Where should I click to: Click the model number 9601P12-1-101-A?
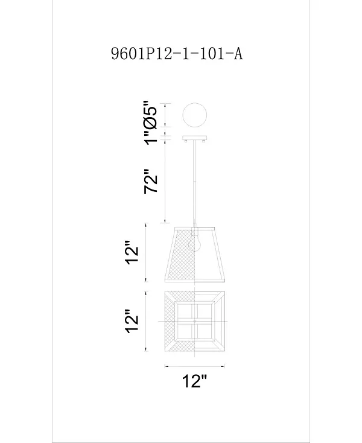point(177,53)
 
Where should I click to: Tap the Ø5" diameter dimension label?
point(150,115)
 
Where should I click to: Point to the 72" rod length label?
point(150,181)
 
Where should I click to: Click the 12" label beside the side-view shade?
point(132,252)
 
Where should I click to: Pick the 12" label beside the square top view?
point(132,321)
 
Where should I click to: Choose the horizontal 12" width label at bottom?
point(195,381)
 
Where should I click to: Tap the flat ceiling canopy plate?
point(194,138)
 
